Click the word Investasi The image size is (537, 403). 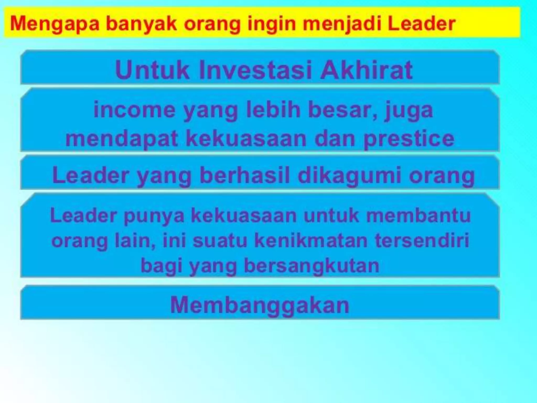click(256, 70)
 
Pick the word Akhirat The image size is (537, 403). click(366, 70)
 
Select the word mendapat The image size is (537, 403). click(122, 139)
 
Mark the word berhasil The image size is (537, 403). click(245, 175)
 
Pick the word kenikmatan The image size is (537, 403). click(311, 241)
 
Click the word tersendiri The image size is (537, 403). click(422, 241)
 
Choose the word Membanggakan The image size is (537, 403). click(260, 305)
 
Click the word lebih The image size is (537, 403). click(273, 110)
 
